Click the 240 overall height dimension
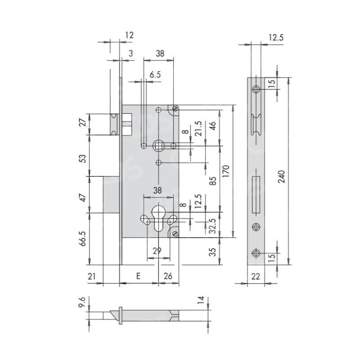tap(282, 176)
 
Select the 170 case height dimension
tap(226, 171)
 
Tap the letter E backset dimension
tap(138, 276)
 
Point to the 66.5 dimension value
tap(83, 238)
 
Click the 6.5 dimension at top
tap(155, 75)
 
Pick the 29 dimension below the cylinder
tap(157, 251)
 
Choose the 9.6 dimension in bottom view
tap(82, 302)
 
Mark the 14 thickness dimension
tap(201, 300)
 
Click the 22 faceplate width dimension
tap(256, 276)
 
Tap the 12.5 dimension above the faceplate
tap(276, 37)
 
